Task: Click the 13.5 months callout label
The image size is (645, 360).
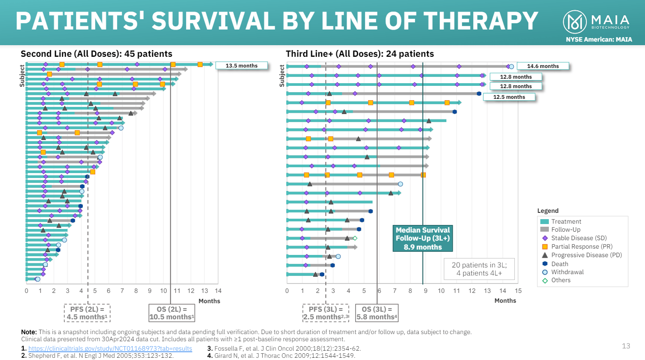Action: coord(242,66)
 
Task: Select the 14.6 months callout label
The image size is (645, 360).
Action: coord(543,66)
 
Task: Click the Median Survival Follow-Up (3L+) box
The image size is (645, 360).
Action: coord(423,238)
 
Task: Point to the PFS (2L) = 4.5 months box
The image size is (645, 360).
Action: coord(88,313)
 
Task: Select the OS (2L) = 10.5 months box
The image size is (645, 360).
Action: coord(172,313)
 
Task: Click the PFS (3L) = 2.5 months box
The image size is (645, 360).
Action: coord(326,313)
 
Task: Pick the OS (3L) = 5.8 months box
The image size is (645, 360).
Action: coord(377,313)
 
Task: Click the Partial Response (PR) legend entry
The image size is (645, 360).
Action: coord(581,246)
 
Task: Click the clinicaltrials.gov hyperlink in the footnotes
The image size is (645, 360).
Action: coord(110,348)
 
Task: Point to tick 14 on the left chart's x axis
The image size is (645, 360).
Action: coord(218,291)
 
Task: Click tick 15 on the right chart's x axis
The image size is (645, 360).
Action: coord(518,291)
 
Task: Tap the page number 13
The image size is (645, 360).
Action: coord(626,346)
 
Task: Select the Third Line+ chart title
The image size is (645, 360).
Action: coord(360,54)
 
